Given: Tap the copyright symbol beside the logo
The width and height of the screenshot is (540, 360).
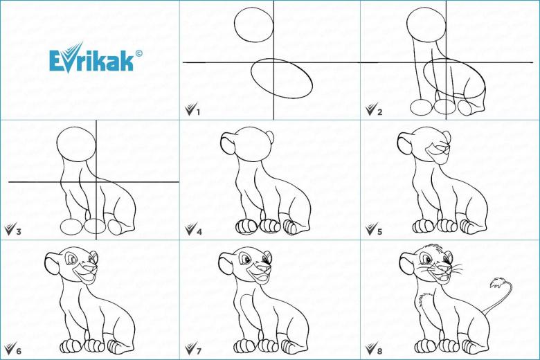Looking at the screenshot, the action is [138, 53].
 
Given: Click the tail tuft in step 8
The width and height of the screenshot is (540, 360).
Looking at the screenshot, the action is [496, 284].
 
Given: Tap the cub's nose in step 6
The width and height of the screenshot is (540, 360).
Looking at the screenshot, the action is [92, 267].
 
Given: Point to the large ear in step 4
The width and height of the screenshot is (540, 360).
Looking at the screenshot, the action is [226, 143].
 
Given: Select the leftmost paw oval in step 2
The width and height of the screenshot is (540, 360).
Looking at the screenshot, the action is [420, 107].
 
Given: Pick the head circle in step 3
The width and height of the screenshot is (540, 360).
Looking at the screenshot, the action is [57, 143].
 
